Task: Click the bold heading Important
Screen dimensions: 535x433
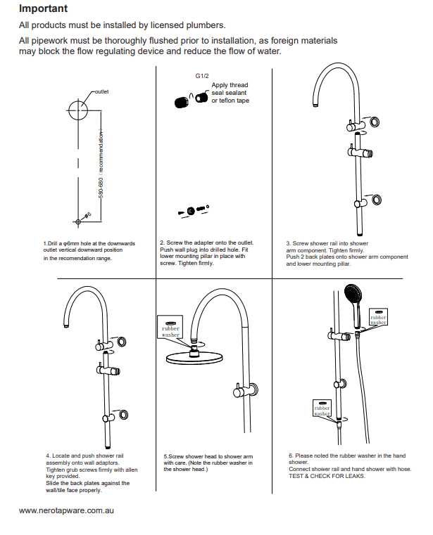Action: point(43,9)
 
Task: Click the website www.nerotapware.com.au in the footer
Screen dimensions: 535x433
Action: point(66,510)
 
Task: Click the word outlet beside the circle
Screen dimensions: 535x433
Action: point(101,91)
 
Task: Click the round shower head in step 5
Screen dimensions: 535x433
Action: point(193,357)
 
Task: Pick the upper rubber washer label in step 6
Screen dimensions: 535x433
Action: point(379,317)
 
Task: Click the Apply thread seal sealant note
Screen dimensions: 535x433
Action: point(230,93)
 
